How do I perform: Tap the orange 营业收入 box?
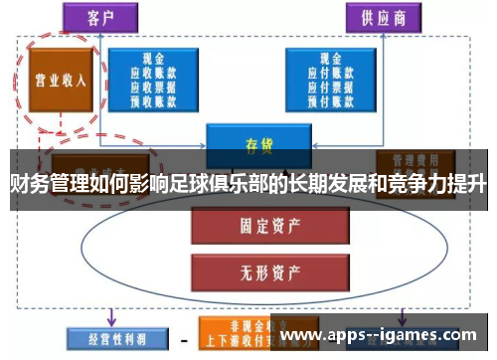58,79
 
